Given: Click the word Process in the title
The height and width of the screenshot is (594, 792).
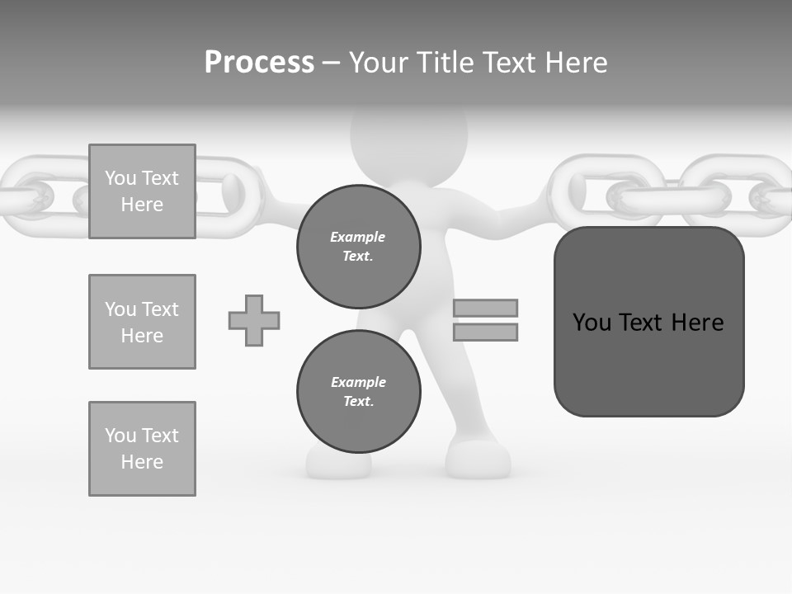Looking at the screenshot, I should [259, 63].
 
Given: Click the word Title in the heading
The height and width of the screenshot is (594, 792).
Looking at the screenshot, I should [444, 63].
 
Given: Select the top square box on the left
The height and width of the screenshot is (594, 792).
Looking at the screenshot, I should [142, 191].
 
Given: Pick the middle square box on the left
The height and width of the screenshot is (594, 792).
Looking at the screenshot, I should [142, 322].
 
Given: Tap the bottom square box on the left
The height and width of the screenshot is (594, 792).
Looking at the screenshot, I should [142, 449].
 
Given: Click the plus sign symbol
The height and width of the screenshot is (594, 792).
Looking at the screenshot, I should [254, 320].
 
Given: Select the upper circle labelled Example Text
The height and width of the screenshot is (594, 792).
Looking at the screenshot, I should [358, 246].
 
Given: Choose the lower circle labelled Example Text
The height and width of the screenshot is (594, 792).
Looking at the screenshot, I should [358, 391].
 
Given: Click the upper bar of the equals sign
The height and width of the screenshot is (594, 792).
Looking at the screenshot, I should [485, 308].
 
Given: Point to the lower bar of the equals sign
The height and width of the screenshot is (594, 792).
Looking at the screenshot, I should [485, 332].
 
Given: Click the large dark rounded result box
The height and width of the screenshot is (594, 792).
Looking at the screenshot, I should [648, 322].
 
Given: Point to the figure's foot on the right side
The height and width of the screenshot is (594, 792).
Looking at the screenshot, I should [478, 460].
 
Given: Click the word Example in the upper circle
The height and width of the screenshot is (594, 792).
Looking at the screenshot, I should [357, 237].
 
